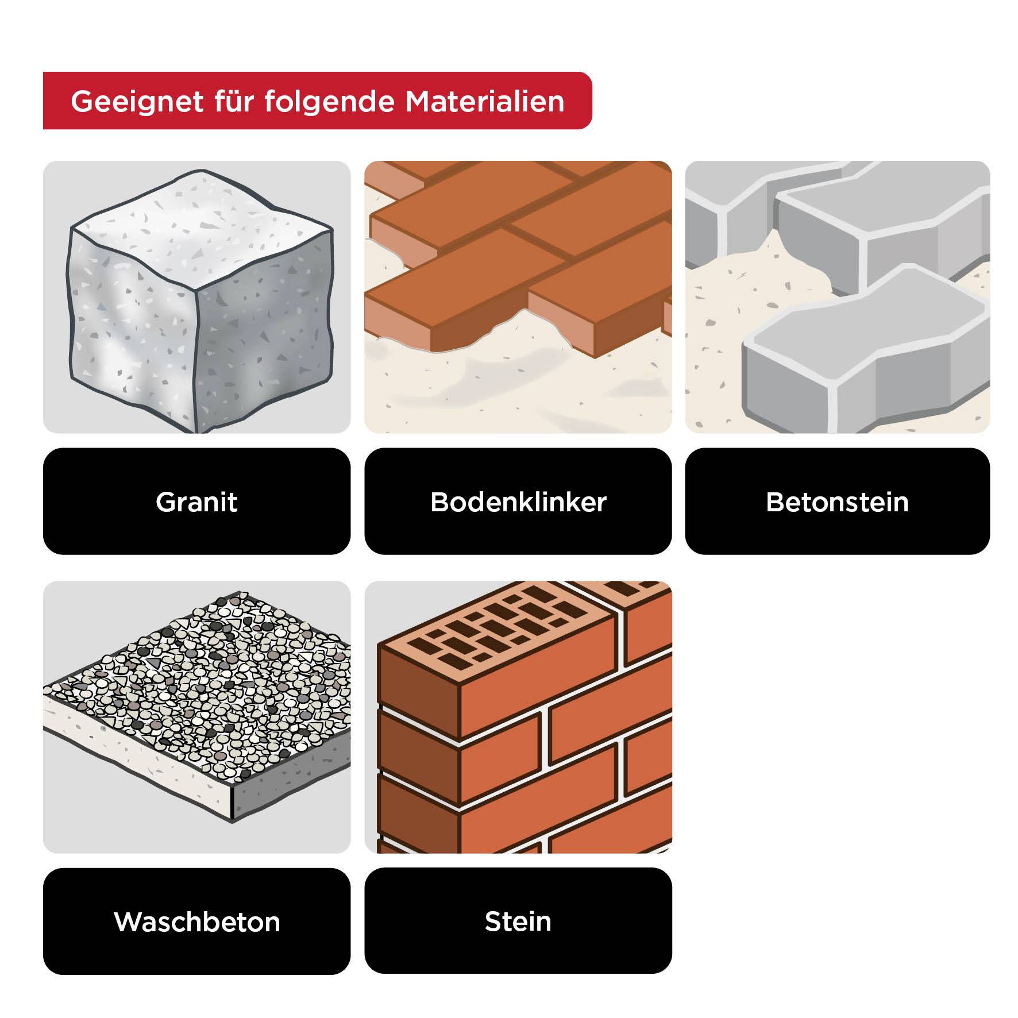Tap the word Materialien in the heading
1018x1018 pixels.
click(x=484, y=101)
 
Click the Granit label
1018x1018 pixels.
click(x=196, y=502)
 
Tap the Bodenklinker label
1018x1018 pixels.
click(x=518, y=502)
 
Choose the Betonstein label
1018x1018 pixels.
click(x=837, y=502)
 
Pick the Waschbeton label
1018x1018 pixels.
click(x=196, y=921)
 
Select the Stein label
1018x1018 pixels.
click(x=518, y=921)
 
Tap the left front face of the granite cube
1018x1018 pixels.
click(x=132, y=322)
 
